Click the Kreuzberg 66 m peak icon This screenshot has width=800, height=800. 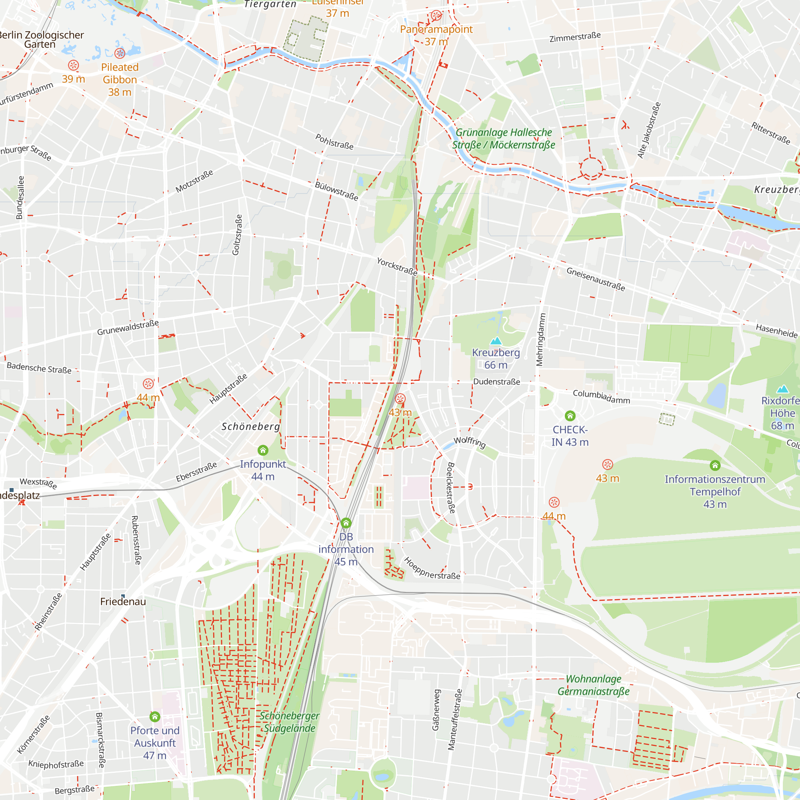[x=496, y=341]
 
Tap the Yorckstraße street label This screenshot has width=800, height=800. [x=397, y=267]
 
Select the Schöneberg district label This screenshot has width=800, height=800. [x=250, y=426]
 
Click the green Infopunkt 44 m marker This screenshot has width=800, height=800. [x=263, y=450]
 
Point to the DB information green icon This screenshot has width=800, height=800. [x=346, y=523]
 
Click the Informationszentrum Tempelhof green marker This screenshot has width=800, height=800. [x=715, y=466]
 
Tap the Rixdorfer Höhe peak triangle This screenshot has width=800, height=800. [x=782, y=389]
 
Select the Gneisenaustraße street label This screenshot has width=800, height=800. [x=596, y=279]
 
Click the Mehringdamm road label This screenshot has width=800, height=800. [x=540, y=340]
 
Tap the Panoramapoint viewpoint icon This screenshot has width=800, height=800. [x=436, y=16]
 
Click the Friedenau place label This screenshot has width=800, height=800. [x=123, y=602]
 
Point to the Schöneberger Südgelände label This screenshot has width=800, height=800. [x=289, y=722]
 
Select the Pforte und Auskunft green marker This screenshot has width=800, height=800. [x=155, y=716]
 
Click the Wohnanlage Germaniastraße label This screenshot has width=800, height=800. [x=593, y=685]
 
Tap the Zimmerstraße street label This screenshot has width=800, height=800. [x=575, y=37]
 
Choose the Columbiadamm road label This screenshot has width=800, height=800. [x=601, y=397]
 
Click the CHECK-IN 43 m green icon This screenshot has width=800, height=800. [x=570, y=416]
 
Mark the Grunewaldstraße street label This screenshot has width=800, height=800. [x=128, y=328]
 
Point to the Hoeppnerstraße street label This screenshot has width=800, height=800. [x=432, y=569]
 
